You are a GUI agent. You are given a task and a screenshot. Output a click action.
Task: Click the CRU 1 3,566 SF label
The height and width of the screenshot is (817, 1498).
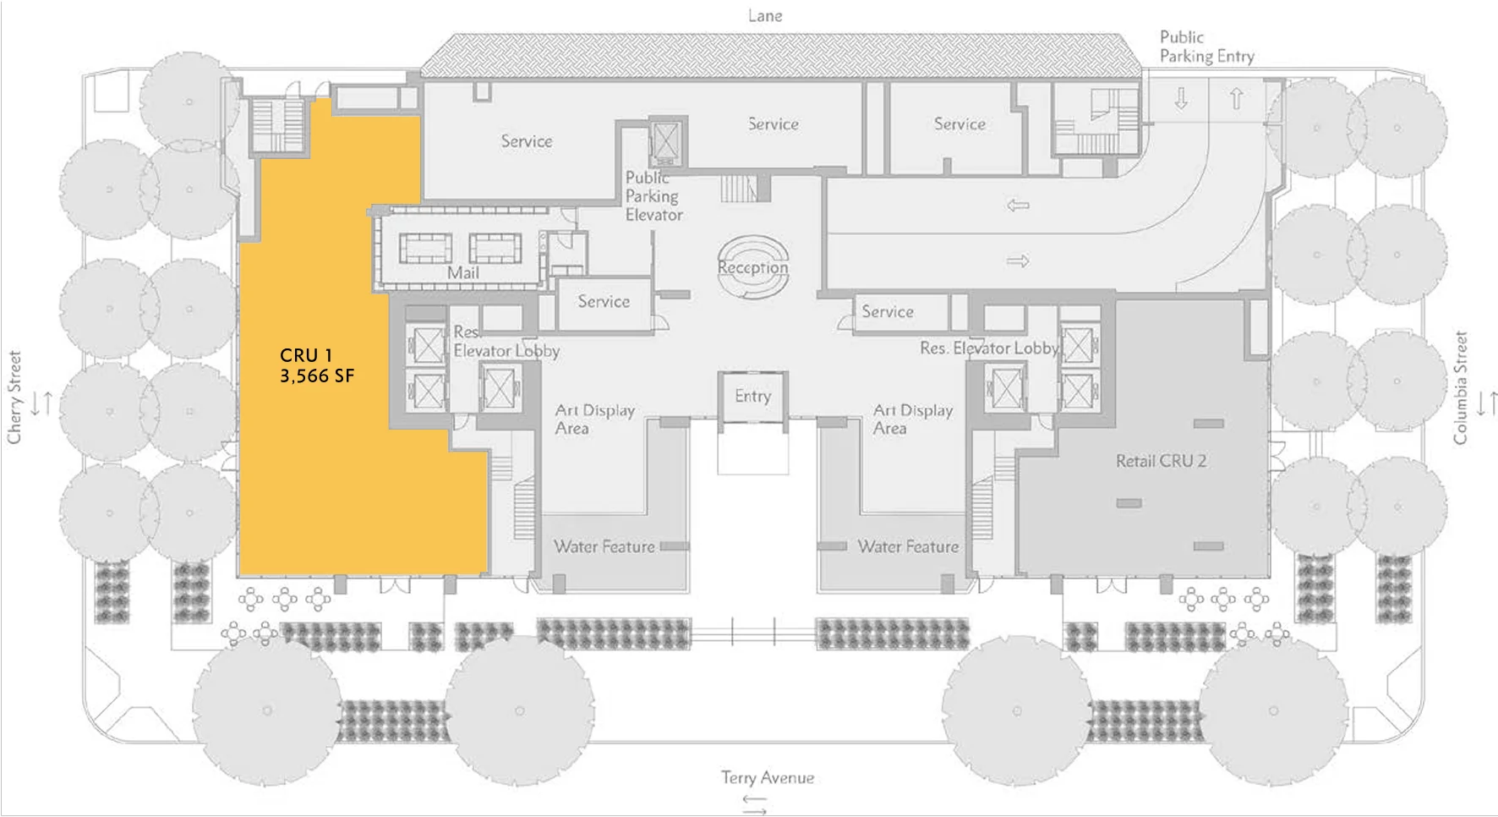point(316,365)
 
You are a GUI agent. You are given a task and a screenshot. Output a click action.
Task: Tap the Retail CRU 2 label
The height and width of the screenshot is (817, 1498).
point(1160,461)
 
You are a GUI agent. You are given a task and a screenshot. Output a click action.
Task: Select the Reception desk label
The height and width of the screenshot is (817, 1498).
point(752,267)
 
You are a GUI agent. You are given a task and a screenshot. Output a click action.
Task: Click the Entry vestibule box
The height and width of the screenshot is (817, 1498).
point(752,396)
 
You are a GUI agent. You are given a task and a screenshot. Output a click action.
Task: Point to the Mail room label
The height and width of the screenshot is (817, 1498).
point(463,272)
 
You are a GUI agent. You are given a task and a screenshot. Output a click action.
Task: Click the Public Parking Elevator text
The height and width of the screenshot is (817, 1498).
point(653,196)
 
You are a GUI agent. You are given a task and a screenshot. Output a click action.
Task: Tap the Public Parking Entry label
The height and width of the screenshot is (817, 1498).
point(1206,47)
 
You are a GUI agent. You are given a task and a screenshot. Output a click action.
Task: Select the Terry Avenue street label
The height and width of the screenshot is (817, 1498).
point(767,777)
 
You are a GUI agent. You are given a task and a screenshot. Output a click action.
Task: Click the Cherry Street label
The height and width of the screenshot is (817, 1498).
point(14,398)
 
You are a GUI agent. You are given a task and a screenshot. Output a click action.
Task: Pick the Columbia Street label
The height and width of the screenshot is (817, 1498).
point(1460,387)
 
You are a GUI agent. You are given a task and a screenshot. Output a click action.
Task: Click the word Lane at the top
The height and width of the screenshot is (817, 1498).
point(765,15)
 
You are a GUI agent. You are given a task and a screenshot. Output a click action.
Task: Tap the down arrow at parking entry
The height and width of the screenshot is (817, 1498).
point(1181,98)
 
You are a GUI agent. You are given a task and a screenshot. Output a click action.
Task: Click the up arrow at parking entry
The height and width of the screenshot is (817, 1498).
point(1236,98)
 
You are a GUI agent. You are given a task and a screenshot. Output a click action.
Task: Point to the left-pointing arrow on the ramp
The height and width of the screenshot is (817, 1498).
point(1018,205)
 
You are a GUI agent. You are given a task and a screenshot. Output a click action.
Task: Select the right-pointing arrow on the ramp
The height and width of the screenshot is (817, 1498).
point(1018,261)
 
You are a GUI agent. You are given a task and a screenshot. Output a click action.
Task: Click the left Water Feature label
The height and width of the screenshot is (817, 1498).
point(604,546)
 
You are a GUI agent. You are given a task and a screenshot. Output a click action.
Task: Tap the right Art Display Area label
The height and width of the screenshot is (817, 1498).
point(912,419)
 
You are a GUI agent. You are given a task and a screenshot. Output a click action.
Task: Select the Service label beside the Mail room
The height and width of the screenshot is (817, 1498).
point(603,301)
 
